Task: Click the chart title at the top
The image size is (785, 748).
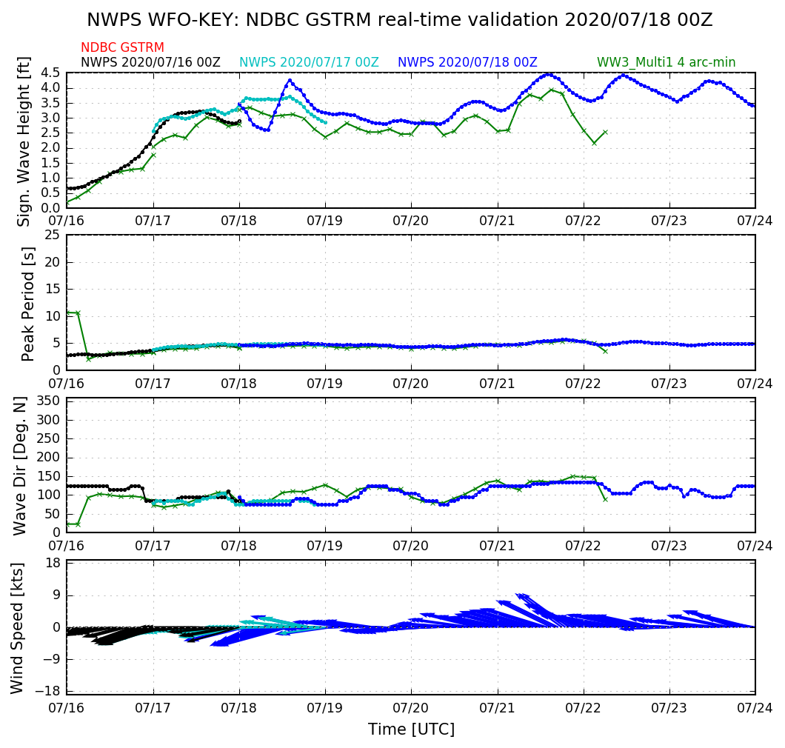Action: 399,20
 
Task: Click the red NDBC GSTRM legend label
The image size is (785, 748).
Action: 122,47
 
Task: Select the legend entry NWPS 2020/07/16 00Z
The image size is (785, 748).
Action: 150,62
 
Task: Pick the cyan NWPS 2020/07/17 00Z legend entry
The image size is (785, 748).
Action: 309,62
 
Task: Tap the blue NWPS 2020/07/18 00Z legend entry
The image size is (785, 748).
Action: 467,62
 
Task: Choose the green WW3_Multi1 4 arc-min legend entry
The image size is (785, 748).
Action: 666,62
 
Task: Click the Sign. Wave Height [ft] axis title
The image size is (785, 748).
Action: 24,140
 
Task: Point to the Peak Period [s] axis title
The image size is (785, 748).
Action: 28,303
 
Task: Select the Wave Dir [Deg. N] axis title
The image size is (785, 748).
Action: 20,465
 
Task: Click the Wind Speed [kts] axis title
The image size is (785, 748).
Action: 17,628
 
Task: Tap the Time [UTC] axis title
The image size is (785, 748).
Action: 411,729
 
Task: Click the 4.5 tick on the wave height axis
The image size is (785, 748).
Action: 50,73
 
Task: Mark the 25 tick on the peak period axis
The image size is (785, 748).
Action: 53,236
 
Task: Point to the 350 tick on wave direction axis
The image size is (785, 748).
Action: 48,401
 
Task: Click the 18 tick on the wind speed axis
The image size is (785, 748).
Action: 53,563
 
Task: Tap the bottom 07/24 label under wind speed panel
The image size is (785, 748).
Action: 755,708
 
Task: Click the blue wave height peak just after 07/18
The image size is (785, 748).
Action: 290,80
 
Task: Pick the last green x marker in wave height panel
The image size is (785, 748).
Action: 605,132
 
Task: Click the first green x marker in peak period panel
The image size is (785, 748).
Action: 67,313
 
